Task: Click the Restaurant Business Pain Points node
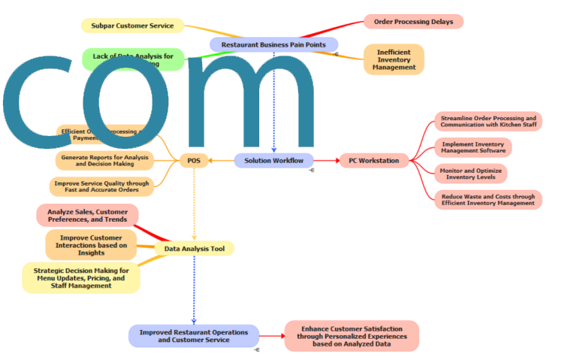tap(273, 45)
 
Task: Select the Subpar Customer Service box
tap(132, 26)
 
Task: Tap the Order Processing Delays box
tap(413, 22)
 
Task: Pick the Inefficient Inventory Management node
tap(394, 59)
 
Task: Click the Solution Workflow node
tap(273, 160)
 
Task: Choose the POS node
tap(194, 160)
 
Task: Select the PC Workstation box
tap(374, 160)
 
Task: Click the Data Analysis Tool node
tap(195, 248)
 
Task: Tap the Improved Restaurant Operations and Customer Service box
tap(194, 336)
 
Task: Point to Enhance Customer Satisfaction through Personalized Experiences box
tap(352, 335)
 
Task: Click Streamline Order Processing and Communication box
tap(488, 122)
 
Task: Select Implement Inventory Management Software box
tap(473, 147)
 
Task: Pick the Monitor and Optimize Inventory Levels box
tap(470, 173)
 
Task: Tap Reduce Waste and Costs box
tap(488, 199)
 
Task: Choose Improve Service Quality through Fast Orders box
tap(101, 186)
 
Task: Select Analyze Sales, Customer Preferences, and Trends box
tap(87, 216)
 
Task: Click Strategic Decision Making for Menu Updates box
tap(81, 278)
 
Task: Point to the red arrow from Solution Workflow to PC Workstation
tap(325, 160)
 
